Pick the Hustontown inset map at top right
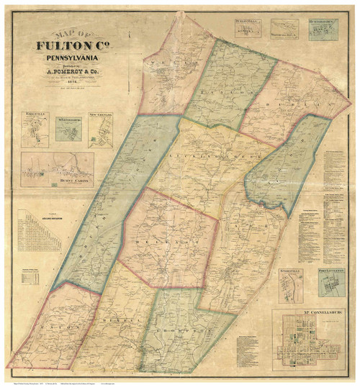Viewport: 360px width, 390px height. (x=323, y=29)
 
